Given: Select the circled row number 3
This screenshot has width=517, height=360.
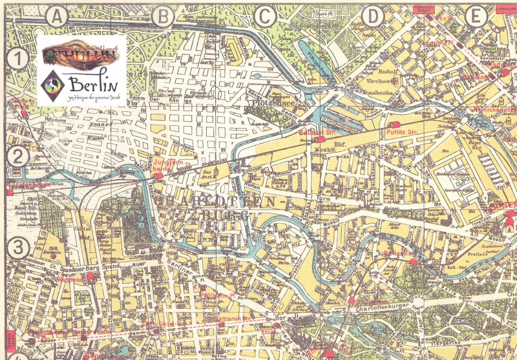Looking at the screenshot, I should [x=20, y=247].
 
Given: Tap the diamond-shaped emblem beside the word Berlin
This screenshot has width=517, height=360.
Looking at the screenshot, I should [x=52, y=83].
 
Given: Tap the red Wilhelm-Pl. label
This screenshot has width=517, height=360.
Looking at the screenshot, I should [x=217, y=295].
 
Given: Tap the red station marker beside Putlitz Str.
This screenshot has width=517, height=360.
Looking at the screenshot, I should [x=394, y=123].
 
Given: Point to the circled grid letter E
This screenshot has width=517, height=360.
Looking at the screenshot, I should [x=476, y=17].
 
